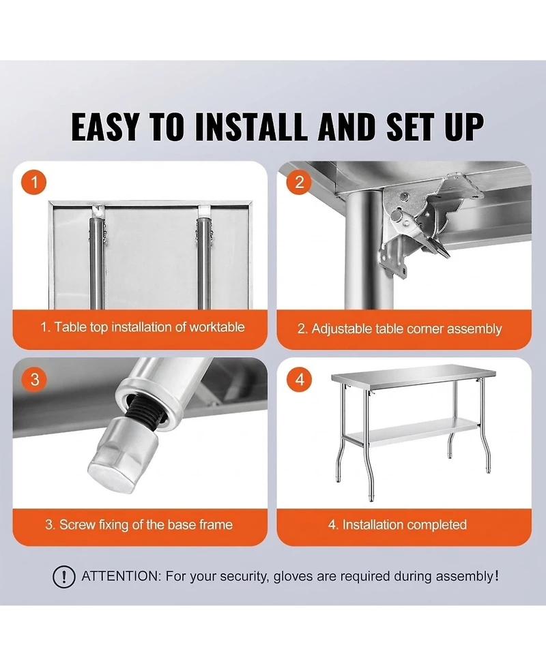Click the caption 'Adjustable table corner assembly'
pyautogui.click(x=399, y=329)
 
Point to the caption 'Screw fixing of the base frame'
pyautogui.click(x=139, y=525)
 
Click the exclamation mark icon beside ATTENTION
pyautogui.click(x=63, y=577)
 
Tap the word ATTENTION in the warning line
pyautogui.click(x=120, y=577)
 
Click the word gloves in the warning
pyautogui.click(x=293, y=577)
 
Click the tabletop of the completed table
pyautogui.click(x=416, y=376)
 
